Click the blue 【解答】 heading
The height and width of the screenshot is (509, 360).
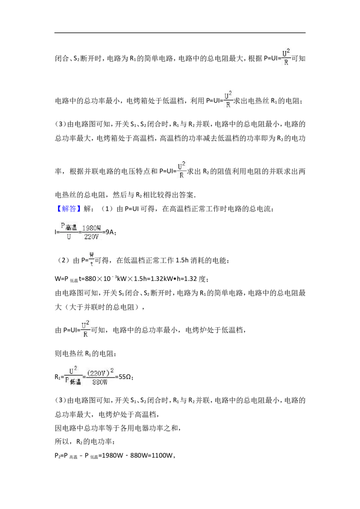coord(67,209)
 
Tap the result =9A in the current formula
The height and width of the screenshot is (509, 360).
coord(109,232)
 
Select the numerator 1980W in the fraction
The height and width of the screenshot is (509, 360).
coord(92,228)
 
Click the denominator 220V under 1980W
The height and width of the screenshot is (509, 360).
coord(91,237)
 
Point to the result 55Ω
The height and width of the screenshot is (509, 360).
coord(126,377)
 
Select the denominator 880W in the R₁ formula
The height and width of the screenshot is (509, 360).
coord(100,382)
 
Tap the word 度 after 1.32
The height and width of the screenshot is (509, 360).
coord(202,279)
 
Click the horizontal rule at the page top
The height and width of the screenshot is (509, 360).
coord(180,32)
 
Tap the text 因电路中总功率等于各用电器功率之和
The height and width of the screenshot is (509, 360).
coord(116,428)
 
